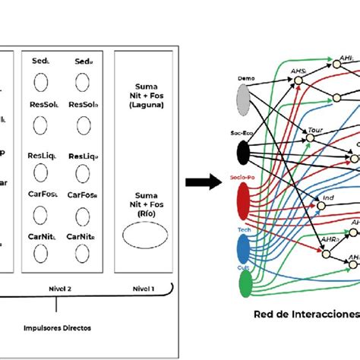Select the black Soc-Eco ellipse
(x=243, y=153)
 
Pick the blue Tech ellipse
(x=245, y=248)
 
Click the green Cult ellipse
(x=246, y=283)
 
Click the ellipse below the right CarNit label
(x=81, y=256)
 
